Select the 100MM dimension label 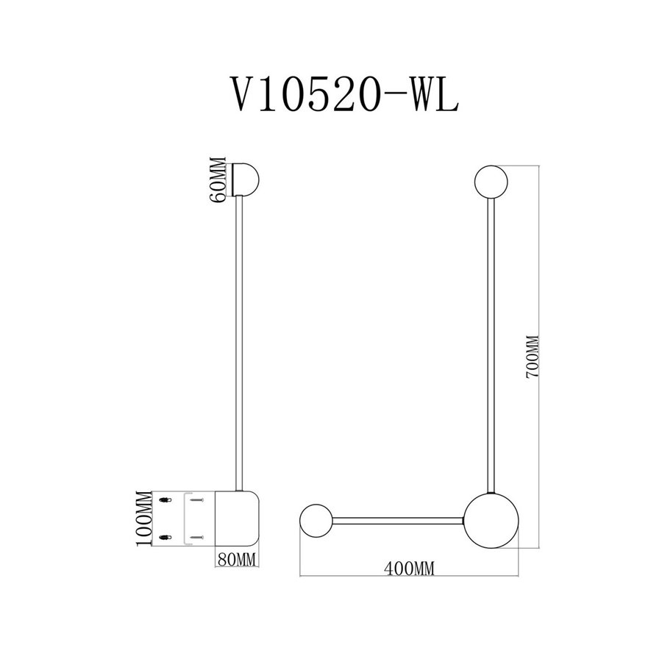pyautogui.click(x=143, y=519)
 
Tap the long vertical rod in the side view pyautogui.click(x=239, y=344)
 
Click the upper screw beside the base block pyautogui.click(x=197, y=500)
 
